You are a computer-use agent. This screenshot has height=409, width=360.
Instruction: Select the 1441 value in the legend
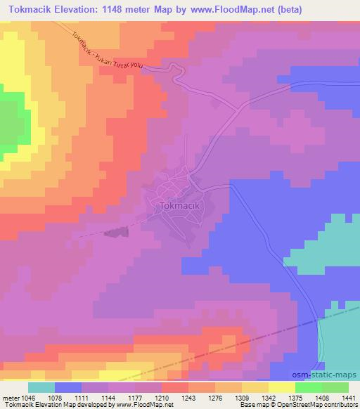(x=347, y=397)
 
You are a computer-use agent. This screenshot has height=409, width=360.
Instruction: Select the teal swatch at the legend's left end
(x=41, y=387)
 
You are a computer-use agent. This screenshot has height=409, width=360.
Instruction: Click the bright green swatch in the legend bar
(x=308, y=387)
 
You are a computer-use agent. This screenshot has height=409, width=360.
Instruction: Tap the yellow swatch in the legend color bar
(x=281, y=387)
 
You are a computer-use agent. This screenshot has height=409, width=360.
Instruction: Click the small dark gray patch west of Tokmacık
(x=111, y=232)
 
